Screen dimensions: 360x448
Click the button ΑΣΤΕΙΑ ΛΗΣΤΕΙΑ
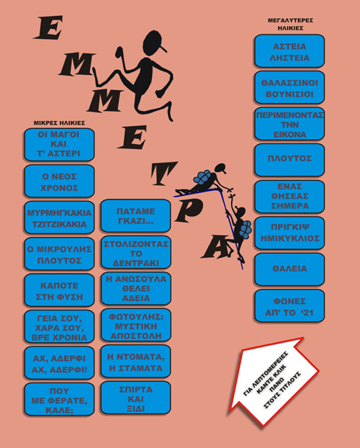(289, 51)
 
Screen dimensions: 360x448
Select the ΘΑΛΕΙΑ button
(289, 269)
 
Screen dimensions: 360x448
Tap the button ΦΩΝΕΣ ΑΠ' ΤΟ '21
(289, 305)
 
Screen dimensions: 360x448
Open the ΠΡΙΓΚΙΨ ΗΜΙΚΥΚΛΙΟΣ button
(289, 233)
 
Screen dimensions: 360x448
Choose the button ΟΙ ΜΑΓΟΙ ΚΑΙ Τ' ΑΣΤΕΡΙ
(59, 145)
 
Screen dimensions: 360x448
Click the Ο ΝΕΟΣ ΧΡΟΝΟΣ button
(59, 181)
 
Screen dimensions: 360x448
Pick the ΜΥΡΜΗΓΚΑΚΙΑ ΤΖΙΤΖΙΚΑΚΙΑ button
(59, 218)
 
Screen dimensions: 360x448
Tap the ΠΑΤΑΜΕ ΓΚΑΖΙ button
(135, 215)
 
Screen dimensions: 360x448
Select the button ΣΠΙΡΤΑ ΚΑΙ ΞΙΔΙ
(135, 398)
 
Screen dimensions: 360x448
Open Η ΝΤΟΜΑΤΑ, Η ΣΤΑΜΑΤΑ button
(135, 362)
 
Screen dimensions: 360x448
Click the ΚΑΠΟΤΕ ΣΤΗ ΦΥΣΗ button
(59, 290)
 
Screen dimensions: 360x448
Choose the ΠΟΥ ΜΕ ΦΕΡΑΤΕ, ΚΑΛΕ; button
(59, 400)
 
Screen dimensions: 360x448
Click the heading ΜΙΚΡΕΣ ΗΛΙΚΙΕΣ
(59, 123)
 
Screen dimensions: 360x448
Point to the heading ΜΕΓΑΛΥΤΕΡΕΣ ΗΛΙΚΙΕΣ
(290, 24)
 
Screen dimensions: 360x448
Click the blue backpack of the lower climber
(245, 228)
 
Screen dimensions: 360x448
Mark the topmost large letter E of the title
(48, 27)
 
